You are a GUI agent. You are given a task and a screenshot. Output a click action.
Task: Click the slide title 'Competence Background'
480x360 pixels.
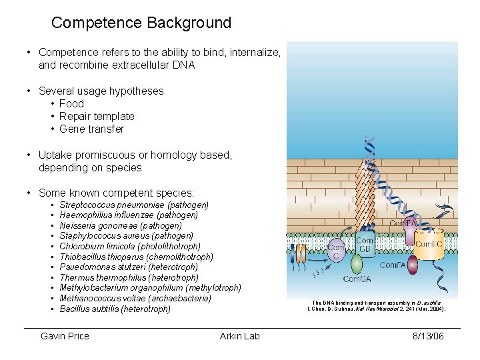(141, 23)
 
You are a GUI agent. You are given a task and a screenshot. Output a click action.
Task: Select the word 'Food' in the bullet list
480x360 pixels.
(71, 103)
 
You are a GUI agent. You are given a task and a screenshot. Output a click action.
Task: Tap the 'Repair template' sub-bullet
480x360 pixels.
(97, 116)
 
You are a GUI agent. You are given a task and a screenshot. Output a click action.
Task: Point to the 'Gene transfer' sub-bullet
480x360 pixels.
(91, 129)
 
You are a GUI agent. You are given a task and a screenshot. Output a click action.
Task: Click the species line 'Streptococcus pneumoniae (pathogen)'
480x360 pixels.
(134, 205)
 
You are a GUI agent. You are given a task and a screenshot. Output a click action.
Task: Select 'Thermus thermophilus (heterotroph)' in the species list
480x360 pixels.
(129, 277)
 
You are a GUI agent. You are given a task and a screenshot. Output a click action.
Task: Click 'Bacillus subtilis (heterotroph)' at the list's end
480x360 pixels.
(115, 309)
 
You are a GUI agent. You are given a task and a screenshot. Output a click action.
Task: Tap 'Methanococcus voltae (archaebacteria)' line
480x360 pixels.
(135, 298)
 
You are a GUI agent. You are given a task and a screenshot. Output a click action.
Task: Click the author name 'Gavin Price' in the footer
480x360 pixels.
(65, 336)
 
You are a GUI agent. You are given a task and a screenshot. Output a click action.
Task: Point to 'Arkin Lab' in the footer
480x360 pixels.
(239, 336)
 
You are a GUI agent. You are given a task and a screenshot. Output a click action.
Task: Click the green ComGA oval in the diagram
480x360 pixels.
(356, 265)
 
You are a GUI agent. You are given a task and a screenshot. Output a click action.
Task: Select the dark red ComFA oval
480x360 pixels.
(413, 265)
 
